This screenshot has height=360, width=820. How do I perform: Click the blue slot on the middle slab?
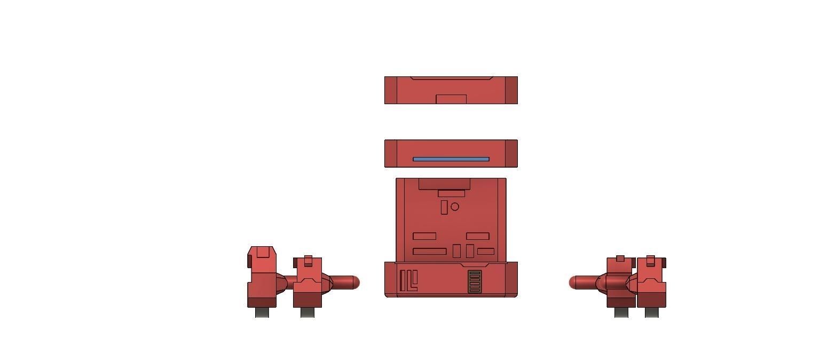[451, 159]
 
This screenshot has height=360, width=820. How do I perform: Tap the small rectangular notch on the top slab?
[451, 99]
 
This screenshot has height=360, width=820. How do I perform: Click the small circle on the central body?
[455, 207]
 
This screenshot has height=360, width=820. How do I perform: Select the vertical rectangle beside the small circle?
[444, 207]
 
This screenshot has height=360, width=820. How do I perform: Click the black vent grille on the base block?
[475, 281]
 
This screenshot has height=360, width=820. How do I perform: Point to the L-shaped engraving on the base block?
[412, 281]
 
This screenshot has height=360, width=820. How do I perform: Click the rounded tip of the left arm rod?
[355, 283]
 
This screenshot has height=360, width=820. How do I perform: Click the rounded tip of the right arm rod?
[574, 283]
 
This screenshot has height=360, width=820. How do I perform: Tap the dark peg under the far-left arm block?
[262, 312]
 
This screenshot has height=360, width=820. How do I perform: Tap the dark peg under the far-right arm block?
[651, 312]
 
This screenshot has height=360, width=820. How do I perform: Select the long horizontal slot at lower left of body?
[430, 252]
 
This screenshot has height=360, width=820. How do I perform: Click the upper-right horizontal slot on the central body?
[478, 236]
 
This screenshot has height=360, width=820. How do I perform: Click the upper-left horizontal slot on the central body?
[424, 236]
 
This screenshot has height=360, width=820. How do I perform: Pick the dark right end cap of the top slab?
[511, 90]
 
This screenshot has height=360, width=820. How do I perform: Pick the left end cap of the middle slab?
[391, 154]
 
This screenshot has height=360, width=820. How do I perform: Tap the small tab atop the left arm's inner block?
[308, 260]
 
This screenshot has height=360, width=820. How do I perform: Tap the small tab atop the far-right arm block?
[650, 260]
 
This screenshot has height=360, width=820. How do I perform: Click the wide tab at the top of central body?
[444, 184]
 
